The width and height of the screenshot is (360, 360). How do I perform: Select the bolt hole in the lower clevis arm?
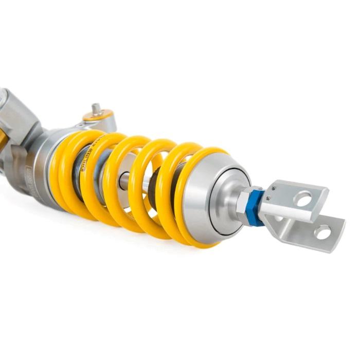pyautogui.click(x=322, y=232)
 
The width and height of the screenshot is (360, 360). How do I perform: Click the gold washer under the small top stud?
pyautogui.click(x=97, y=116)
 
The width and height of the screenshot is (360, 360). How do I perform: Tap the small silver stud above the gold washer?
pyautogui.click(x=96, y=108)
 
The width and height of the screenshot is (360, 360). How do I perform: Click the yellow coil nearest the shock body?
pyautogui.click(x=62, y=170)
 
